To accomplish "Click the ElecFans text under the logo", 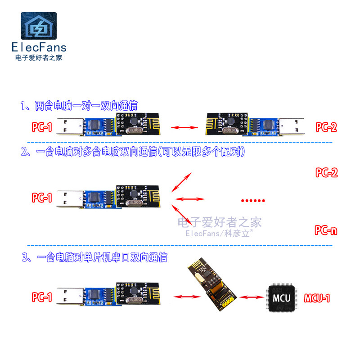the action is coord(38,47).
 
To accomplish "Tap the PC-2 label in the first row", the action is coord(326,127).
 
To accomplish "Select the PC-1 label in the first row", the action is coord(42,127).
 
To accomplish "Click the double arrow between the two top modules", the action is coord(185,128).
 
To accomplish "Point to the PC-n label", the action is coord(326,231).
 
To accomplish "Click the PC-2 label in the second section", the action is coord(326,173).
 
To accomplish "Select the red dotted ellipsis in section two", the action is coord(253,200).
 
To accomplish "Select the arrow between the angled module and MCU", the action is coord(252,297).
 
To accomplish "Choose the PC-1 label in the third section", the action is coord(42,297).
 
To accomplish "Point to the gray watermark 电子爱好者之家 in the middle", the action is coord(219,222).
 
